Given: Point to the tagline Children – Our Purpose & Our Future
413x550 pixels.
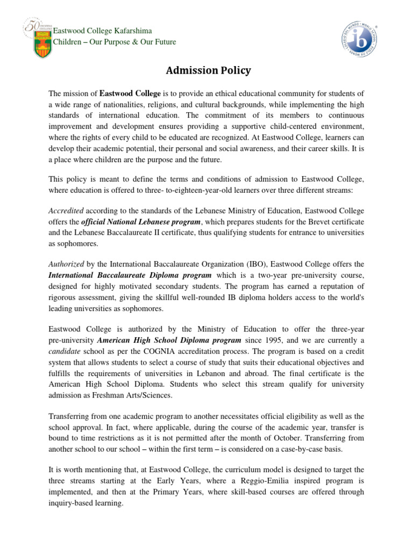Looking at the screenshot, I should [x=114, y=42].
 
